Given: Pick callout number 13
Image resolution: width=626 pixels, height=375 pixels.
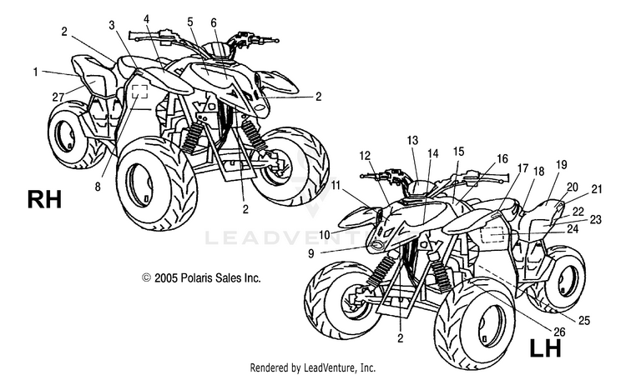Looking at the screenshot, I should click(x=412, y=141).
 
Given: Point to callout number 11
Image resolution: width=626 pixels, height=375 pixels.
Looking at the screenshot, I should click(x=336, y=184).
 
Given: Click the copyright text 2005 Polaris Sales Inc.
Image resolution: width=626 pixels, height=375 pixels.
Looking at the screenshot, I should click(x=201, y=278).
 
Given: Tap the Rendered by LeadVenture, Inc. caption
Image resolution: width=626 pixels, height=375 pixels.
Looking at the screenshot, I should click(x=313, y=367).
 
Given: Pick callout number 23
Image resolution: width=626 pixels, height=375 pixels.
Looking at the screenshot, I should click(x=594, y=219).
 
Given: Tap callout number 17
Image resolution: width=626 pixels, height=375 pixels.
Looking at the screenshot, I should click(x=522, y=168).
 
